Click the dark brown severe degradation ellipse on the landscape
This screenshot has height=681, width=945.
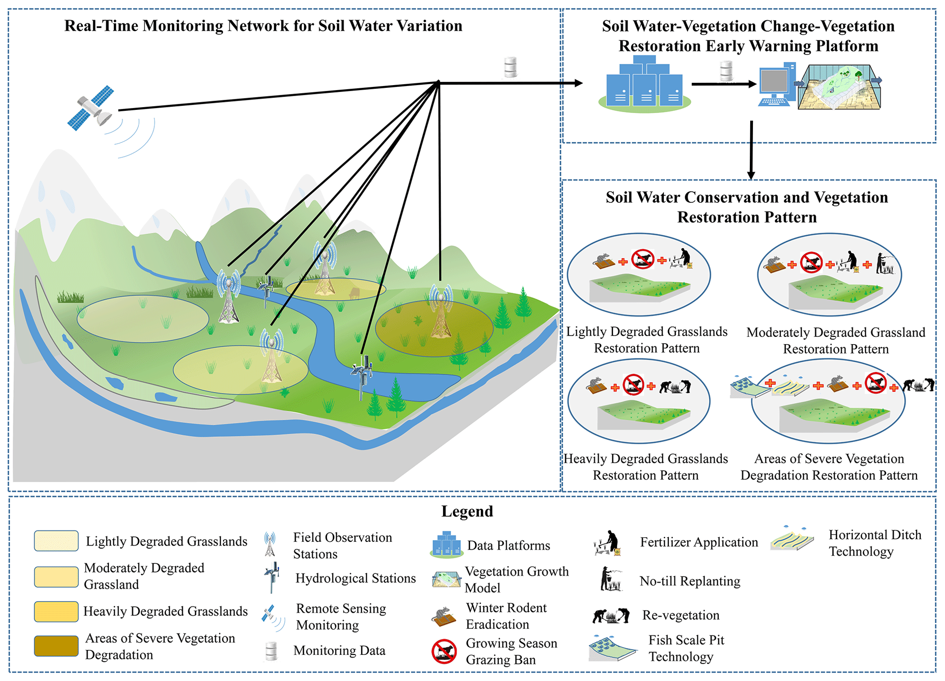coord(434,328)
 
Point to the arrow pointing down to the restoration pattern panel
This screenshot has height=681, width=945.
coord(751,151)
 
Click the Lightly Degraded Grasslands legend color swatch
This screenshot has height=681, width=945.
coord(56,541)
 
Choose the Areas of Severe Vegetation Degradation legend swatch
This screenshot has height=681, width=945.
coord(56,646)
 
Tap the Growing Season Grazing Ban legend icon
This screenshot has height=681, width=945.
coord(444,651)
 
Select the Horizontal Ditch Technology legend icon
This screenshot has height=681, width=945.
coord(792,539)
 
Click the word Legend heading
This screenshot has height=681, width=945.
coord(467,511)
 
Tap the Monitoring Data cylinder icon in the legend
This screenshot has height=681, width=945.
coord(271,651)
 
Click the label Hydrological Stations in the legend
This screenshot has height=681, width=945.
coord(355,578)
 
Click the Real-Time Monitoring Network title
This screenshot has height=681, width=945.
coord(263,26)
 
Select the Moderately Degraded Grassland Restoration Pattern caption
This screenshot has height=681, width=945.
coord(835,340)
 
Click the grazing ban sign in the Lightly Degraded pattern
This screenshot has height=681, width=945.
coord(642,259)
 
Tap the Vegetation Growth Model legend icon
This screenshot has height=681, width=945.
coord(446,579)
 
